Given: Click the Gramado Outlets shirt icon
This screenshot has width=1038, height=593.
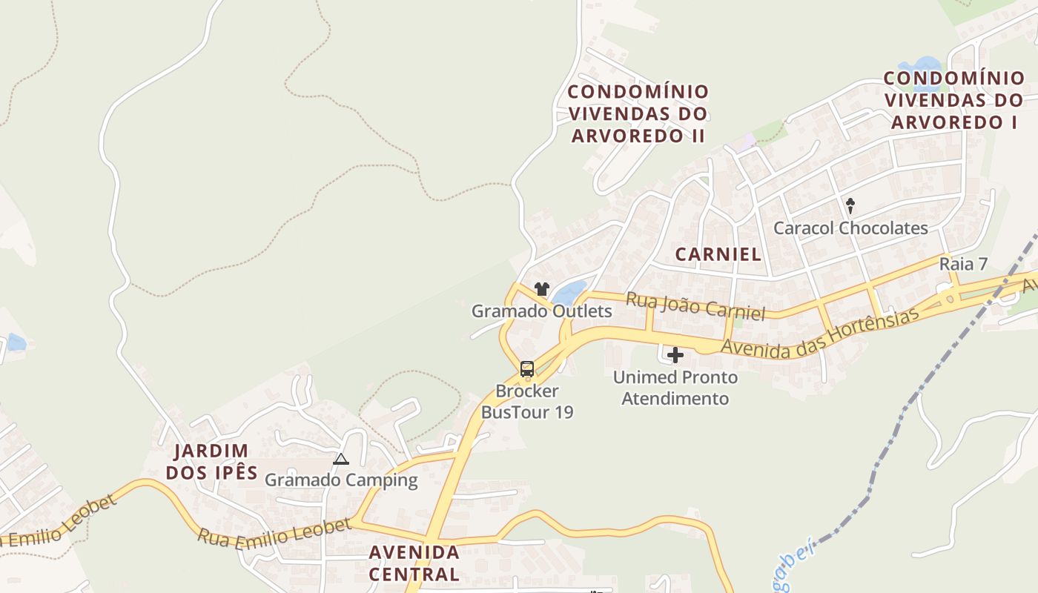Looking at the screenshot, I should pyautogui.click(x=542, y=289).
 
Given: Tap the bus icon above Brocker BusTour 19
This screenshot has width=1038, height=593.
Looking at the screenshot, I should pyautogui.click(x=527, y=368).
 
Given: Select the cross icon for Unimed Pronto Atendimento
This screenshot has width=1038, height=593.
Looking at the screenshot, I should pyautogui.click(x=675, y=356).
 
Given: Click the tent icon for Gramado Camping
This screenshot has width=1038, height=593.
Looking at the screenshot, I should pyautogui.click(x=340, y=459).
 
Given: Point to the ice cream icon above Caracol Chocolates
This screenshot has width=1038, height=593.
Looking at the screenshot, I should pyautogui.click(x=850, y=205).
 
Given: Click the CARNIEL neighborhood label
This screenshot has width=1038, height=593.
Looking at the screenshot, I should pyautogui.click(x=718, y=254).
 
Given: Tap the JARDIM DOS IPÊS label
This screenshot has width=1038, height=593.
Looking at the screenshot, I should pyautogui.click(x=211, y=462).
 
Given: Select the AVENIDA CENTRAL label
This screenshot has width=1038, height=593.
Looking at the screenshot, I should pyautogui.click(x=414, y=563).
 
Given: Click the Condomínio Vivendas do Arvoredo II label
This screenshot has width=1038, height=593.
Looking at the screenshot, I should pyautogui.click(x=638, y=113).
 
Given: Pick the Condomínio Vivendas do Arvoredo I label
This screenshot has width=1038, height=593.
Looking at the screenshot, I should pyautogui.click(x=954, y=100).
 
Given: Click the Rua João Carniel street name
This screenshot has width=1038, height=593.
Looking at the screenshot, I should pyautogui.click(x=695, y=306).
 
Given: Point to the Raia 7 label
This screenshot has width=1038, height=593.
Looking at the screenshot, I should pyautogui.click(x=963, y=263).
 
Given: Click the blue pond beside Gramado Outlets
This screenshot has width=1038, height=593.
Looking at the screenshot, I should pyautogui.click(x=569, y=293).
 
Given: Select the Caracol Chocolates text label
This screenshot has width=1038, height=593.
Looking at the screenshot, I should pyautogui.click(x=850, y=228).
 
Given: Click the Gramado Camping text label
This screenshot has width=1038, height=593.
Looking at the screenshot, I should pyautogui.click(x=341, y=480).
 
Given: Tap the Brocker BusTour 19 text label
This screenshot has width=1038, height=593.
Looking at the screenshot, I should pyautogui.click(x=527, y=401).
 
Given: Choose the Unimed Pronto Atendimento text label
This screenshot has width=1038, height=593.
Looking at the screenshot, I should pyautogui.click(x=675, y=388).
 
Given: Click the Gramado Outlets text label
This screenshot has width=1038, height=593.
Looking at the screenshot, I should pyautogui.click(x=542, y=311).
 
